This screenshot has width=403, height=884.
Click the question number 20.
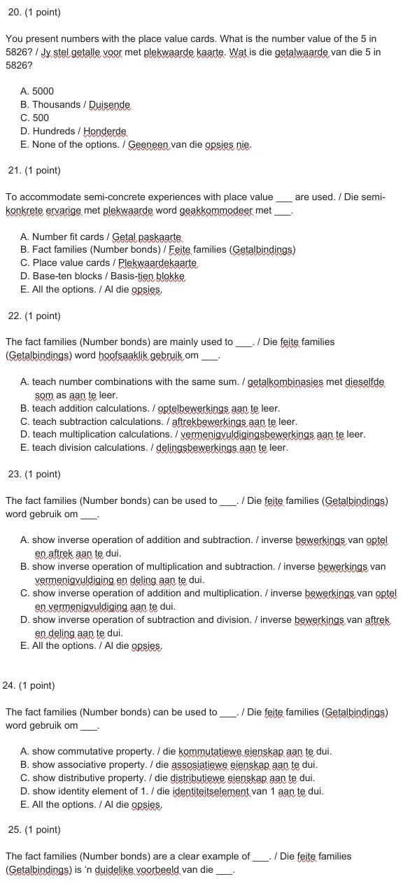[15, 13]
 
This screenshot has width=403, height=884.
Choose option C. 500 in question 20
[35, 118]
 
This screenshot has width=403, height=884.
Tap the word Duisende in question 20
[109, 104]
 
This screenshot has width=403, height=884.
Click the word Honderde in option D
[105, 131]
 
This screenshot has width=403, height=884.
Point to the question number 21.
[15, 170]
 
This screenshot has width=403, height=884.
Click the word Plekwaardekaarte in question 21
[157, 263]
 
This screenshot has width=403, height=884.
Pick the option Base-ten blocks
[64, 276]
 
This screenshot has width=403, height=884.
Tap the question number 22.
[15, 316]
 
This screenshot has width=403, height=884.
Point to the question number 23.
[15, 474]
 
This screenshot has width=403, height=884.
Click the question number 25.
[15, 829]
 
